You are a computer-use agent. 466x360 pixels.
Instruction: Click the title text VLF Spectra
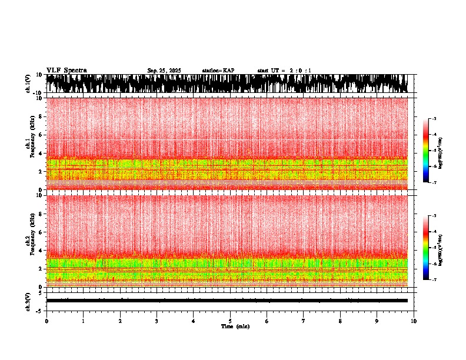pos(66,70)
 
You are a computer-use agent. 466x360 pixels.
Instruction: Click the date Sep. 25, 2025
pos(164,71)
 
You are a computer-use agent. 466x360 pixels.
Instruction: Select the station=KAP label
pos(218,71)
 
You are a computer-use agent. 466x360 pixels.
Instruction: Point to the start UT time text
pos(284,71)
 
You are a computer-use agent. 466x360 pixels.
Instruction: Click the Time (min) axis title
pos(235,326)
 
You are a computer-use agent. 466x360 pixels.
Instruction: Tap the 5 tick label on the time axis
pos(230,321)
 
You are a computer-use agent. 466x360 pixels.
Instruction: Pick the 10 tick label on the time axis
pos(414,321)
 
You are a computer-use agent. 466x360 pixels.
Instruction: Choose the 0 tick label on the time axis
pos(46,321)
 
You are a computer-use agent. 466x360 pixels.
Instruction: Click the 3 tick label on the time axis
pos(157,321)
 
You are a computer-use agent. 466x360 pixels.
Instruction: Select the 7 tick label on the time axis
pos(304,321)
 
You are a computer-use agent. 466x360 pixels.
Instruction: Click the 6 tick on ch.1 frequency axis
pos(41,135)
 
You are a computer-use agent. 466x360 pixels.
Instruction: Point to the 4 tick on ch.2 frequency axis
pos(41,250)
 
